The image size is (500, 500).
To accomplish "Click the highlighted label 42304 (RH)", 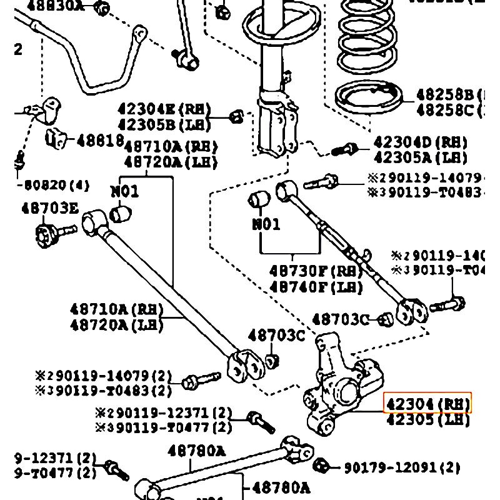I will click(x=427, y=403).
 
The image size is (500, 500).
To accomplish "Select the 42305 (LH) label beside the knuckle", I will click(x=427, y=420).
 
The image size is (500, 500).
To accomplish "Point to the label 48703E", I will click(x=50, y=207).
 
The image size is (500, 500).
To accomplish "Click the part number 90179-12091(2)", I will click(x=402, y=467).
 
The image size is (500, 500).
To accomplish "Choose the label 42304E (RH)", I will click(x=164, y=110).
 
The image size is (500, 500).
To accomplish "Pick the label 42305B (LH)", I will click(x=164, y=125).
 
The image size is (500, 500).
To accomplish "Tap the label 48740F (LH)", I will click(x=316, y=287).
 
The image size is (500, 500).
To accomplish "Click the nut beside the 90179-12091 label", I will click(x=321, y=466).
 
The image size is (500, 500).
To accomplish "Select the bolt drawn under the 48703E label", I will click(x=52, y=234).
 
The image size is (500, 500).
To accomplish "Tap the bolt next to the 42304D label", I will click(x=344, y=149).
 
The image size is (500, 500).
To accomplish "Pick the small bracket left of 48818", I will click(x=56, y=138).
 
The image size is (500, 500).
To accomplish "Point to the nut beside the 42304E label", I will click(x=236, y=116).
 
